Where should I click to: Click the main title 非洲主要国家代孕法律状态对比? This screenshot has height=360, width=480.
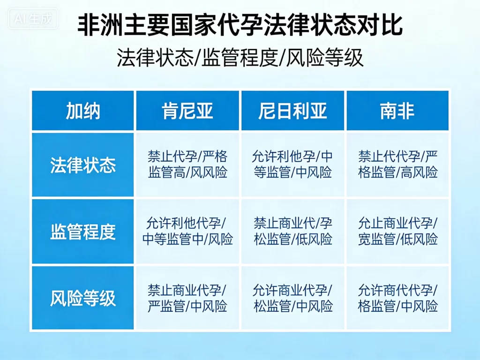(240, 26)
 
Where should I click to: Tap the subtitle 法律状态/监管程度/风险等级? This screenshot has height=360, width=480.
(240, 58)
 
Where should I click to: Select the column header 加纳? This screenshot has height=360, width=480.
(83, 111)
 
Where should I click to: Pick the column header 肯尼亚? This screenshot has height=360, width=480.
(187, 111)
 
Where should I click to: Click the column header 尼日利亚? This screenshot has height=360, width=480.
(293, 111)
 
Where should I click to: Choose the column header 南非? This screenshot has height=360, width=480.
(397, 111)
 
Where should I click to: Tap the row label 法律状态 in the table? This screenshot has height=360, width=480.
(83, 165)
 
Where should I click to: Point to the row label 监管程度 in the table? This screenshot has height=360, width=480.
(83, 232)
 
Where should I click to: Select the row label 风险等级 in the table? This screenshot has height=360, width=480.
(83, 299)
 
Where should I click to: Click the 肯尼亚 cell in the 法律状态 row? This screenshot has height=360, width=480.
(187, 165)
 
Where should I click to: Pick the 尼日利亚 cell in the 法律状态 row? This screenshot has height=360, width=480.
(293, 165)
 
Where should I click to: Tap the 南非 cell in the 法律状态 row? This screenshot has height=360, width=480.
(397, 165)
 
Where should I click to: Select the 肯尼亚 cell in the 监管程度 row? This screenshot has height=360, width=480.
(187, 232)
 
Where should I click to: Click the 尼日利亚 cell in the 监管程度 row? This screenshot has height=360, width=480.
(293, 232)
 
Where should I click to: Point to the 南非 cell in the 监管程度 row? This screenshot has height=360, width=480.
(397, 232)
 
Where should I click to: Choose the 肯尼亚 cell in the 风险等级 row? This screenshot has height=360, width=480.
(187, 298)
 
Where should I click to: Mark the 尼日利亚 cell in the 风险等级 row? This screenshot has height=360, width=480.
(293, 298)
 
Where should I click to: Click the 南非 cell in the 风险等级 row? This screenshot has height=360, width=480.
(397, 298)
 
